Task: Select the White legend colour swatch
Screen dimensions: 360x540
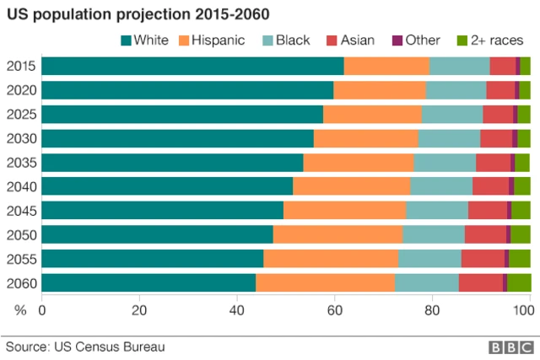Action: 127,40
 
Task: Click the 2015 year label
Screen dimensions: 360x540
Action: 20,67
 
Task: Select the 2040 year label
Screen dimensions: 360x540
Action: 20,186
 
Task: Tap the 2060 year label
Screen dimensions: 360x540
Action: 20,282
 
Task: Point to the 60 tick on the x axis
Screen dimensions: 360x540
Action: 334,310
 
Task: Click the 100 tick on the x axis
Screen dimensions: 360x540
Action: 525,310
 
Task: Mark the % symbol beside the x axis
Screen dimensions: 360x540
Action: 20,310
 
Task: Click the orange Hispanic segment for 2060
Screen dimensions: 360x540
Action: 325,282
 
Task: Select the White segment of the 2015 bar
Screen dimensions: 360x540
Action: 192,67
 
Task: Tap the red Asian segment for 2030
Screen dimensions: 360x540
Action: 496,138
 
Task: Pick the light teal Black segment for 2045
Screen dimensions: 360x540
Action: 437,210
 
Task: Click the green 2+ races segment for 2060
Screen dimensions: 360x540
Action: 519,282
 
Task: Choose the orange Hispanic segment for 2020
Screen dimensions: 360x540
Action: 380,90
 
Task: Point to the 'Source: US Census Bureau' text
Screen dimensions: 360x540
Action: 85,346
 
